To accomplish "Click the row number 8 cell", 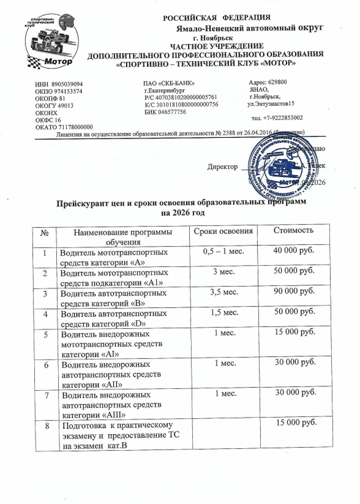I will [x=45, y=424].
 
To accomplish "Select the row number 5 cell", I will [x=45, y=334].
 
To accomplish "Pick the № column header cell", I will [x=45, y=231].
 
